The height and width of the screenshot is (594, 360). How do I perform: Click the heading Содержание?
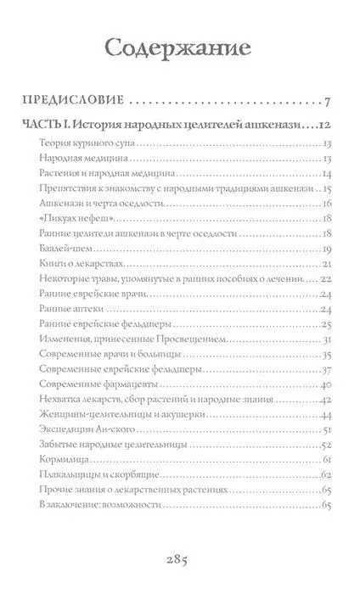point(179,43)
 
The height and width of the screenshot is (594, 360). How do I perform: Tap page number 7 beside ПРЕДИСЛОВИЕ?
point(326,103)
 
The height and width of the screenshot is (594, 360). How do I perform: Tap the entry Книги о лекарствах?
point(76,263)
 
